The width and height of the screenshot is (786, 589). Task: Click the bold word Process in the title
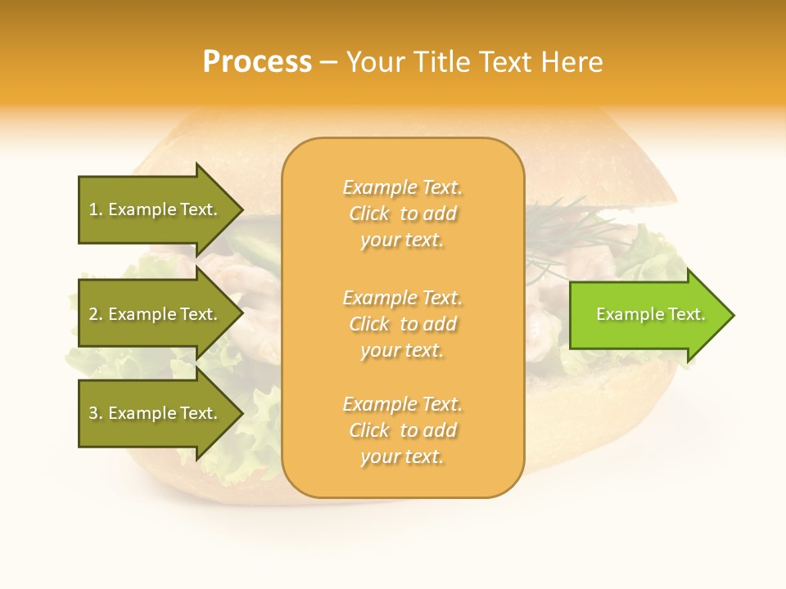tap(257, 62)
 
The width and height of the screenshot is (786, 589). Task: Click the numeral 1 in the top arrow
tap(93, 210)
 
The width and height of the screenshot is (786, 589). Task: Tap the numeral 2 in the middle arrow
tap(93, 314)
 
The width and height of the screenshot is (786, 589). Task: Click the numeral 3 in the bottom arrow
tap(93, 413)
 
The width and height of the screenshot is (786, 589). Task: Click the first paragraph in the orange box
tap(402, 214)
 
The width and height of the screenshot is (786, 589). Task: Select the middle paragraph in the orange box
tap(402, 324)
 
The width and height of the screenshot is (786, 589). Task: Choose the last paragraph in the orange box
tap(402, 430)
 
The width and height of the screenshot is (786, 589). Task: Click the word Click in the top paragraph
tap(369, 214)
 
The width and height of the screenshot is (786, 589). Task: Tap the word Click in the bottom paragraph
tap(369, 430)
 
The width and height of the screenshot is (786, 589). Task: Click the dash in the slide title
tap(328, 63)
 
